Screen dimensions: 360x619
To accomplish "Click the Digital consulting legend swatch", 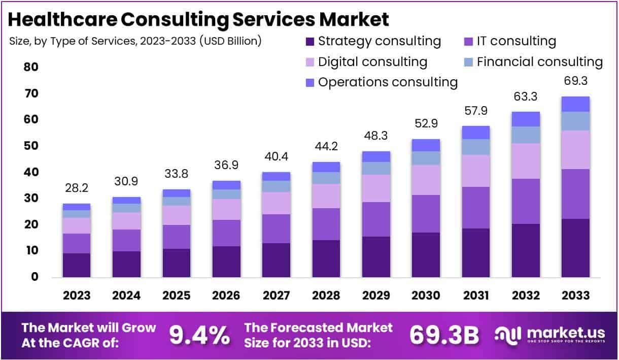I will click(x=310, y=62).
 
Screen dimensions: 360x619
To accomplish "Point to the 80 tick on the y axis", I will click(x=31, y=68).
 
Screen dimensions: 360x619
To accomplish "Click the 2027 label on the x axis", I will click(x=276, y=296).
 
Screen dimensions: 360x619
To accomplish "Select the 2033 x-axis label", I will click(x=575, y=296).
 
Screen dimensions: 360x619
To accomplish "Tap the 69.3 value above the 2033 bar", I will click(x=575, y=81).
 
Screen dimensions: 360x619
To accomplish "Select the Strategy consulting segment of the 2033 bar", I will click(x=575, y=248).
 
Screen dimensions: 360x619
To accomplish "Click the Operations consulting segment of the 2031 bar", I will click(x=475, y=133).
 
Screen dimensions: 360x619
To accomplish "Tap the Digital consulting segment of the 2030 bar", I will click(x=426, y=180).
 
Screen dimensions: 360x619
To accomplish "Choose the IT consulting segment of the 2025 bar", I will click(x=176, y=237).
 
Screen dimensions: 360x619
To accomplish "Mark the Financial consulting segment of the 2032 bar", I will click(x=525, y=135).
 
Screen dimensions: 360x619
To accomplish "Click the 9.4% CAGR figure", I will click(x=199, y=335).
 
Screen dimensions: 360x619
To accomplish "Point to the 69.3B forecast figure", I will click(x=444, y=335).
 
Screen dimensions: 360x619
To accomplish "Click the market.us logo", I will click(x=549, y=335).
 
